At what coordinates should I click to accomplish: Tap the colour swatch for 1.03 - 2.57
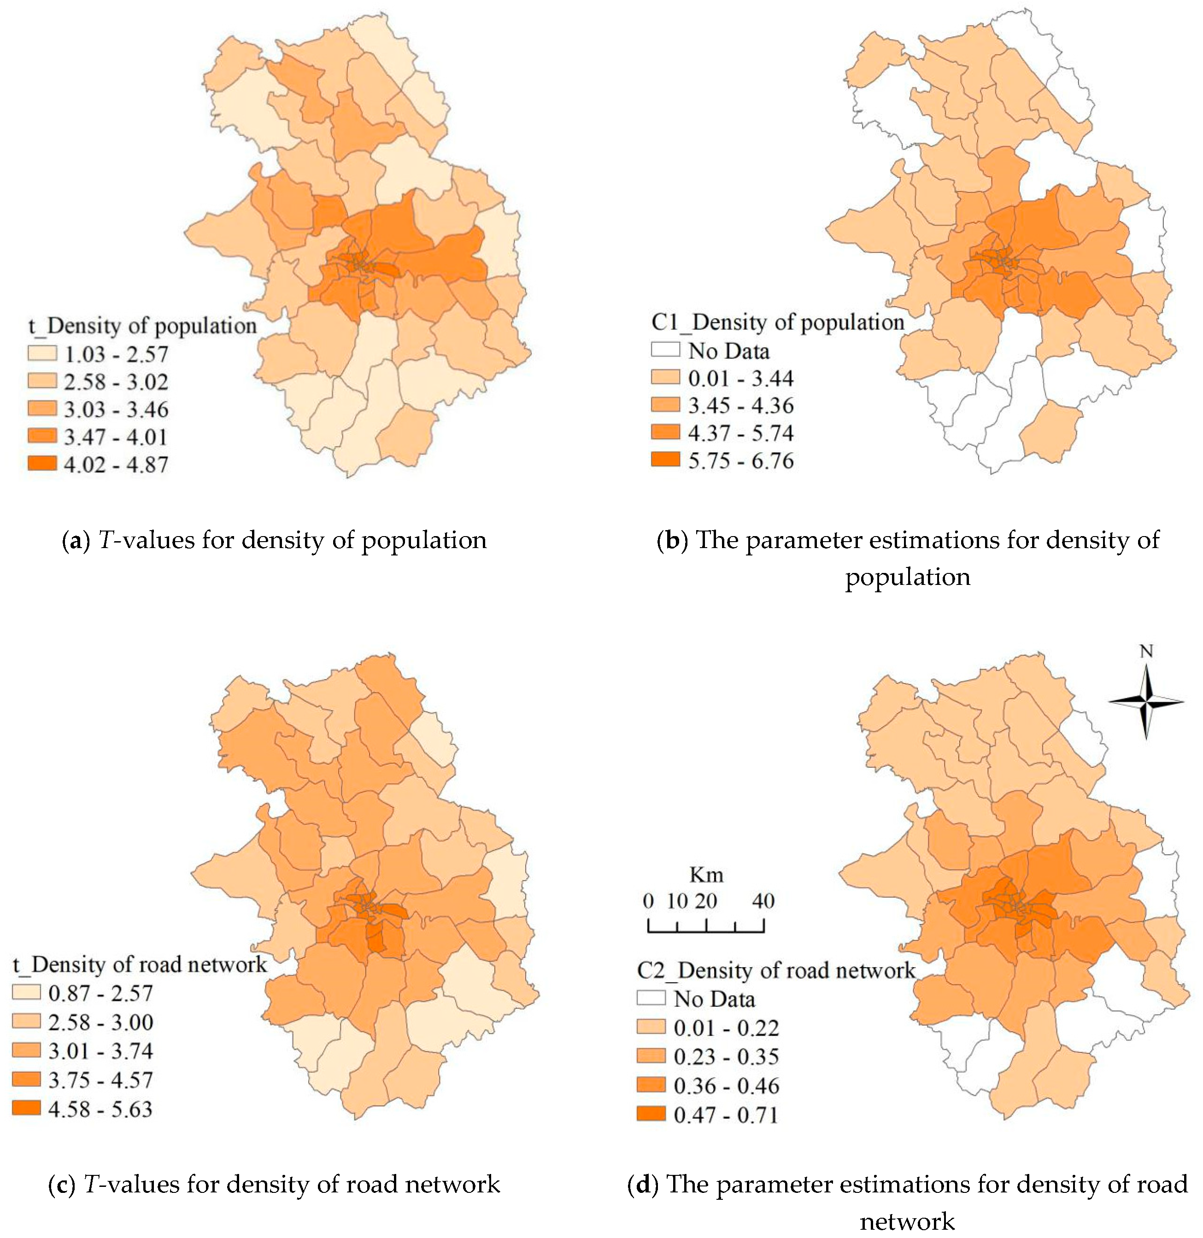(x=42, y=354)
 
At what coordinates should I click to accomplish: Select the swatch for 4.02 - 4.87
(x=42, y=464)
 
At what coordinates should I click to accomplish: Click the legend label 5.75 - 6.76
(x=740, y=461)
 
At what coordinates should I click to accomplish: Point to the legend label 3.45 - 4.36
(x=740, y=405)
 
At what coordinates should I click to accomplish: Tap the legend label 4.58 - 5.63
(x=100, y=1109)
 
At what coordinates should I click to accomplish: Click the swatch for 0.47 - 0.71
(x=651, y=1114)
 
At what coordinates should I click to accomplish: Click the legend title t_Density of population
(x=143, y=326)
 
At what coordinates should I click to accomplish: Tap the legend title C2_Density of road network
(x=776, y=970)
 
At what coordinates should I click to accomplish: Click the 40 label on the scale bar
(x=763, y=901)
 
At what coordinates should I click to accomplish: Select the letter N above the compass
(x=1146, y=651)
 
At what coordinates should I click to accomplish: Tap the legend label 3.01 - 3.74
(x=100, y=1051)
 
